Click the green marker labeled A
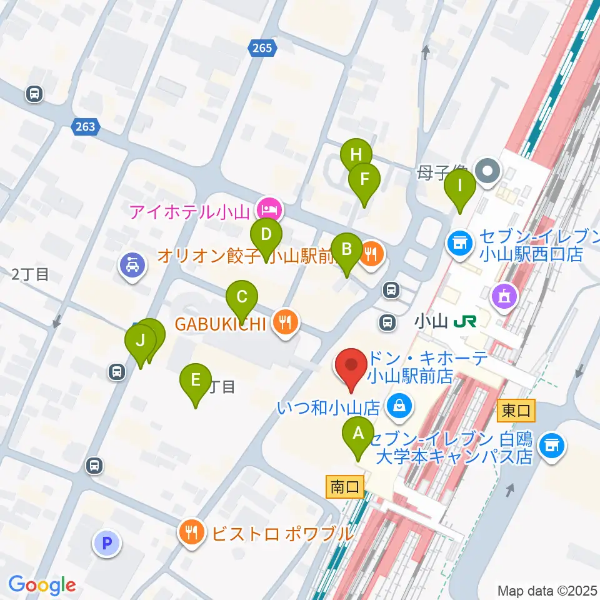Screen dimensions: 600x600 click(358, 433)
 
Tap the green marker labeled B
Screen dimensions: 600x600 click(346, 249)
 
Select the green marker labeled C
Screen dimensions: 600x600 click(242, 296)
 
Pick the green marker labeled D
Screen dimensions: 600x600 click(266, 235)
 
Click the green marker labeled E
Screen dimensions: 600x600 click(196, 380)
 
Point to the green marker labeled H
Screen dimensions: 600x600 click(356, 154)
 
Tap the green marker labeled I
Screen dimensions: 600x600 click(460, 186)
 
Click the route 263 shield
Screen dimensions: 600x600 click(84, 127)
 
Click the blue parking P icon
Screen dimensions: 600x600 click(106, 542)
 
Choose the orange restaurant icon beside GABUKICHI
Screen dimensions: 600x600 click(287, 322)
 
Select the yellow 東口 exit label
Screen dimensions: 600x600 click(516, 411)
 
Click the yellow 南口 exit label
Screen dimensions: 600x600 click(344, 487)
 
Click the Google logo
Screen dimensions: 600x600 click(42, 585)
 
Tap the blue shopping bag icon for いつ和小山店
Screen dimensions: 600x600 click(398, 407)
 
